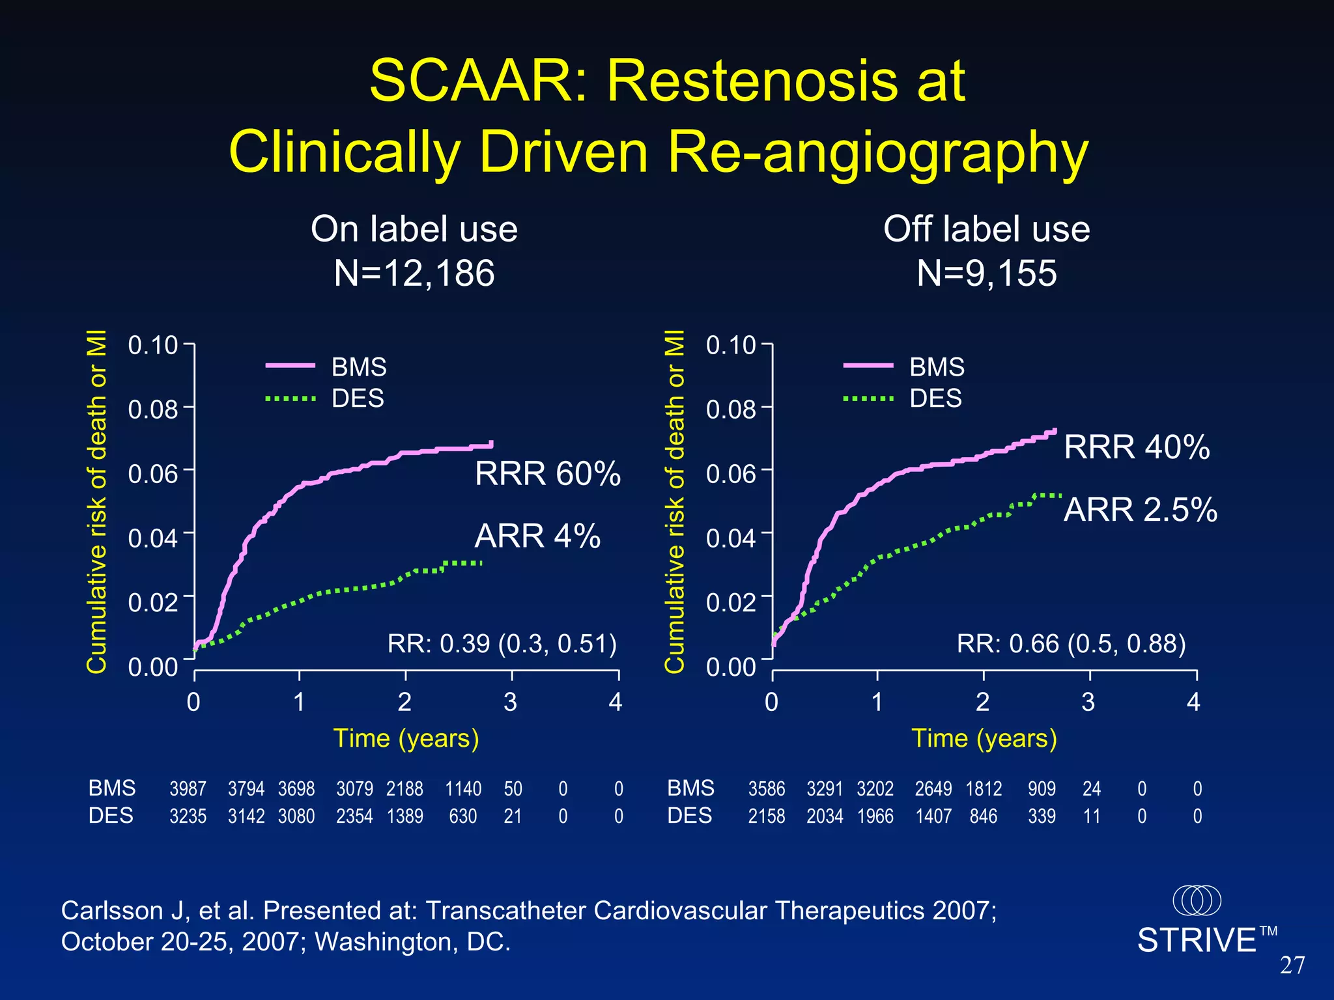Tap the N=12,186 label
[x=414, y=273]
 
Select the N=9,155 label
[x=986, y=273]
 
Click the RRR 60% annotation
[x=547, y=473]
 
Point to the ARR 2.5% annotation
[x=1140, y=509]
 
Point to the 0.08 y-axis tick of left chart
[x=152, y=410]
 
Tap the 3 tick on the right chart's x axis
[x=1088, y=702]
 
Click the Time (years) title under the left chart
[x=406, y=738]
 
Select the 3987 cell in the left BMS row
[x=188, y=789]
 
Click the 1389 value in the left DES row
[x=404, y=816]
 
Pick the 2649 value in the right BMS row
[x=933, y=789]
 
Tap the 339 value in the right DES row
[x=1042, y=816]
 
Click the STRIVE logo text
[x=1197, y=940]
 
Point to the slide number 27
[x=1292, y=965]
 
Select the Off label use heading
[x=986, y=229]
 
